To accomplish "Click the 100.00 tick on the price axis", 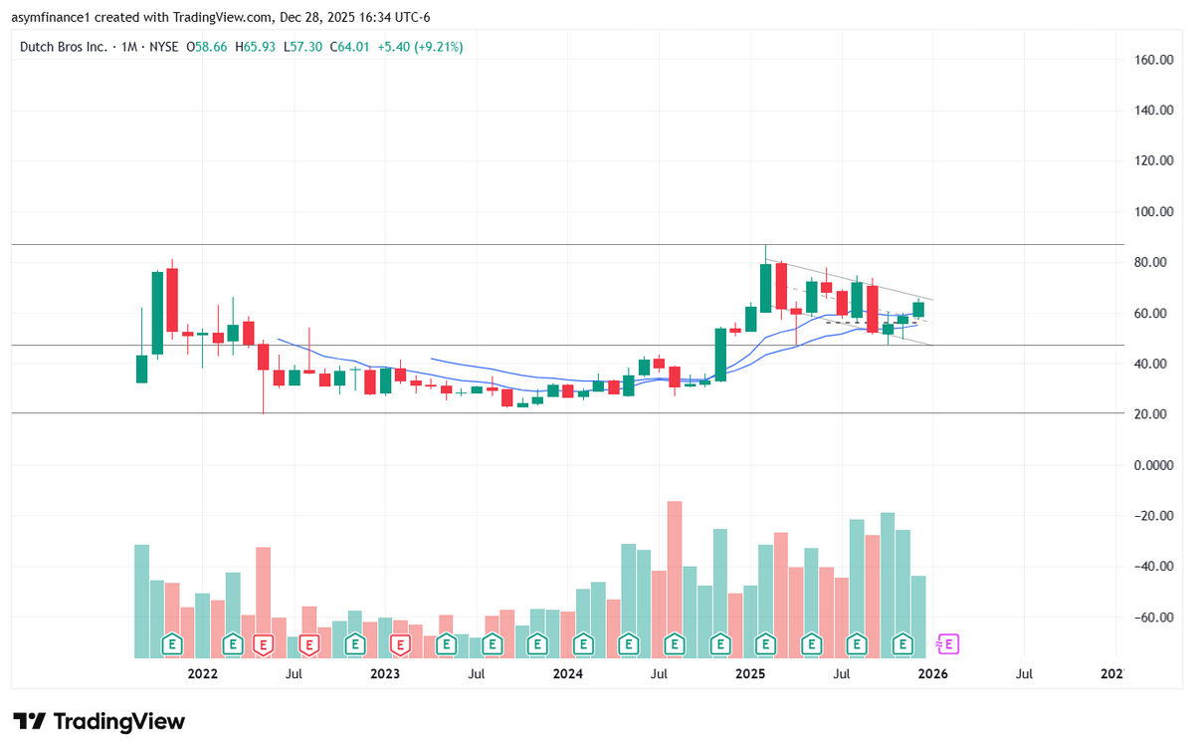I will click(1154, 212).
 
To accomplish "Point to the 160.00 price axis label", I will click(1154, 60).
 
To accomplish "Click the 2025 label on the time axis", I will click(749, 674).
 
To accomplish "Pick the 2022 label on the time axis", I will click(202, 674).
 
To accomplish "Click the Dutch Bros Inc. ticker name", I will click(64, 47).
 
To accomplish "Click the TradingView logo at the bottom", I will click(99, 721).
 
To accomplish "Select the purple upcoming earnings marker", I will click(948, 644).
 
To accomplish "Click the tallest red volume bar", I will click(675, 578).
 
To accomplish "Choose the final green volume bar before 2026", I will click(918, 616).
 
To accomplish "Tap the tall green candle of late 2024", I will click(719, 354).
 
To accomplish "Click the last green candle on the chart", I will click(918, 309).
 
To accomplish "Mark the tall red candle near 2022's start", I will click(172, 299).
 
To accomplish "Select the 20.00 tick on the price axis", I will click(1154, 414).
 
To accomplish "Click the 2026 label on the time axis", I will click(932, 674).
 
